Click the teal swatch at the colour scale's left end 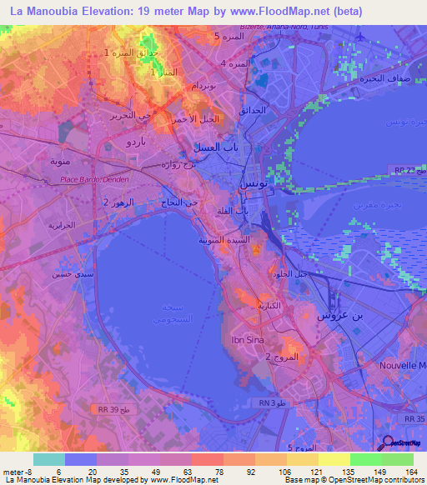48,459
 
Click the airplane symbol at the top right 359,37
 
